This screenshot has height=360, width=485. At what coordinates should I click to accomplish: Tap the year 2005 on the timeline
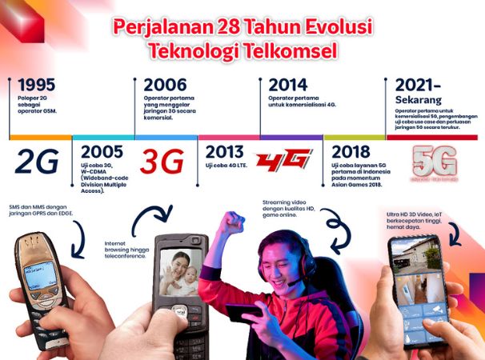(x=102, y=152)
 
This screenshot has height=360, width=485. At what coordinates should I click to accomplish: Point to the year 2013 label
(x=225, y=152)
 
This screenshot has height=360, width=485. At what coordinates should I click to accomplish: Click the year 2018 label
(x=351, y=152)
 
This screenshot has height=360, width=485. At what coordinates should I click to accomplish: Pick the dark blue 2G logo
(x=37, y=161)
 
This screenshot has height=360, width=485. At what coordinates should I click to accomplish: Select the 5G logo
(x=435, y=161)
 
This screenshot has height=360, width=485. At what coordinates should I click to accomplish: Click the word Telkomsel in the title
(x=293, y=50)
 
